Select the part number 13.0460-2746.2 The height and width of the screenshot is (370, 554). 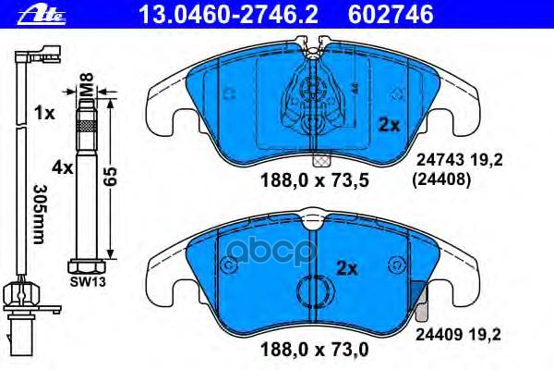click(x=201, y=13)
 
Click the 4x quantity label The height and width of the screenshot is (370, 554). click(x=61, y=167)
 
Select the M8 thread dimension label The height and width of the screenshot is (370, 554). click(x=84, y=90)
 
